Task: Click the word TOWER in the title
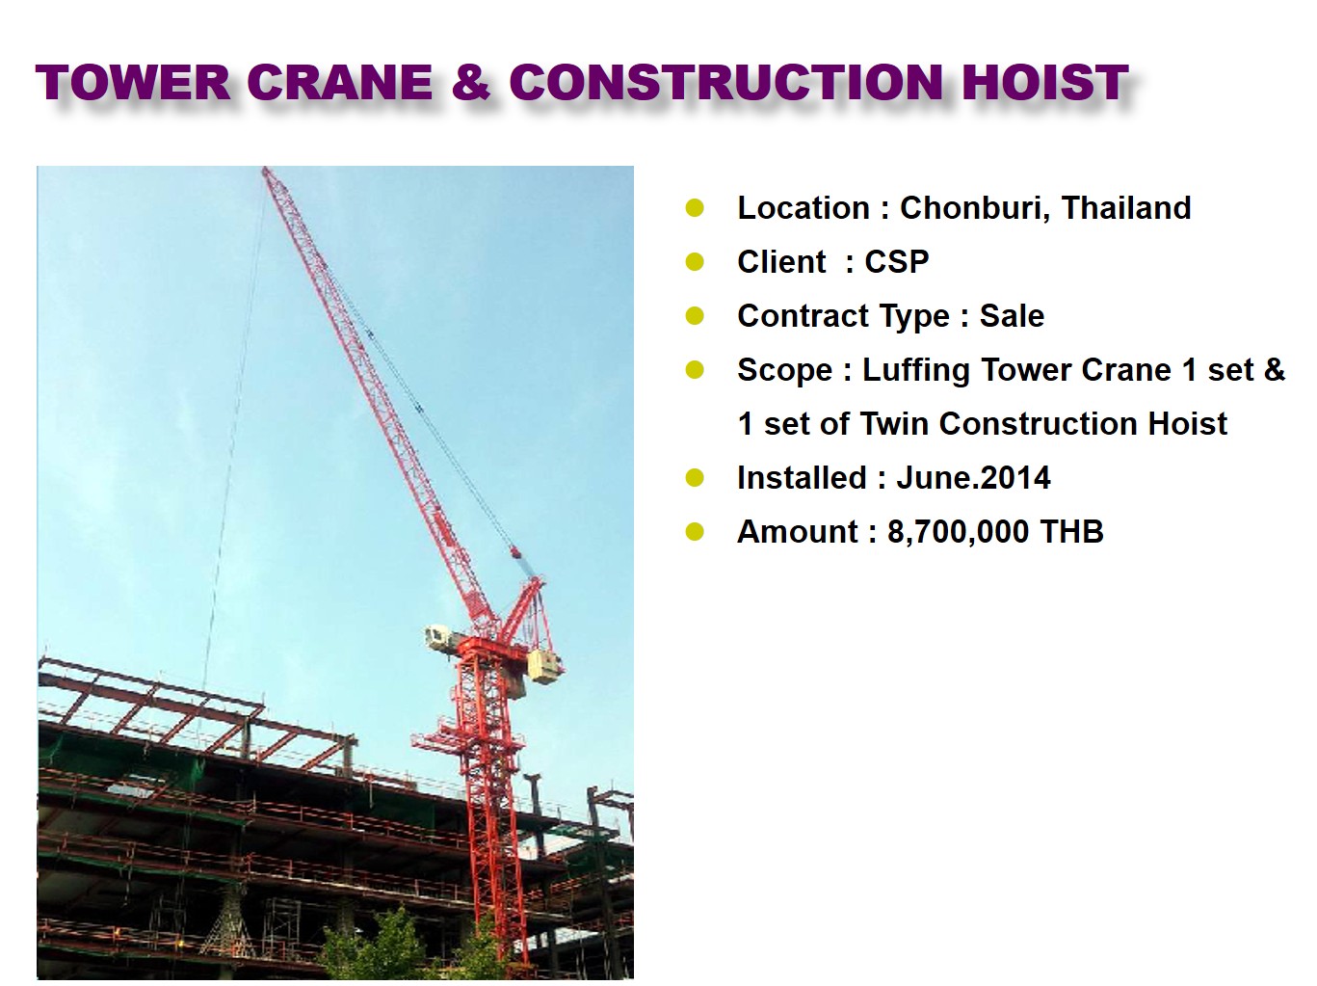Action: (x=133, y=82)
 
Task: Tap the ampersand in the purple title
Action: (x=472, y=82)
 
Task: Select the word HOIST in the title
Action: (x=1045, y=82)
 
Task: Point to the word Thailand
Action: (x=1126, y=207)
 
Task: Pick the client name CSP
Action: (x=896, y=261)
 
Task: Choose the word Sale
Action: (x=1012, y=316)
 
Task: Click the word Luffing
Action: (x=916, y=371)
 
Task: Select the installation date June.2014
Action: (x=973, y=478)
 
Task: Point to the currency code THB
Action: (x=1071, y=532)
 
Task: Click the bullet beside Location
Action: (x=695, y=208)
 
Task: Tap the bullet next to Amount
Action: (x=695, y=532)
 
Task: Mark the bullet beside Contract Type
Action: (x=695, y=316)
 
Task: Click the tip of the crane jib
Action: (x=265, y=170)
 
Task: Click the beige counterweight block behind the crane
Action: (x=544, y=667)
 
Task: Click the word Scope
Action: (x=785, y=371)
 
